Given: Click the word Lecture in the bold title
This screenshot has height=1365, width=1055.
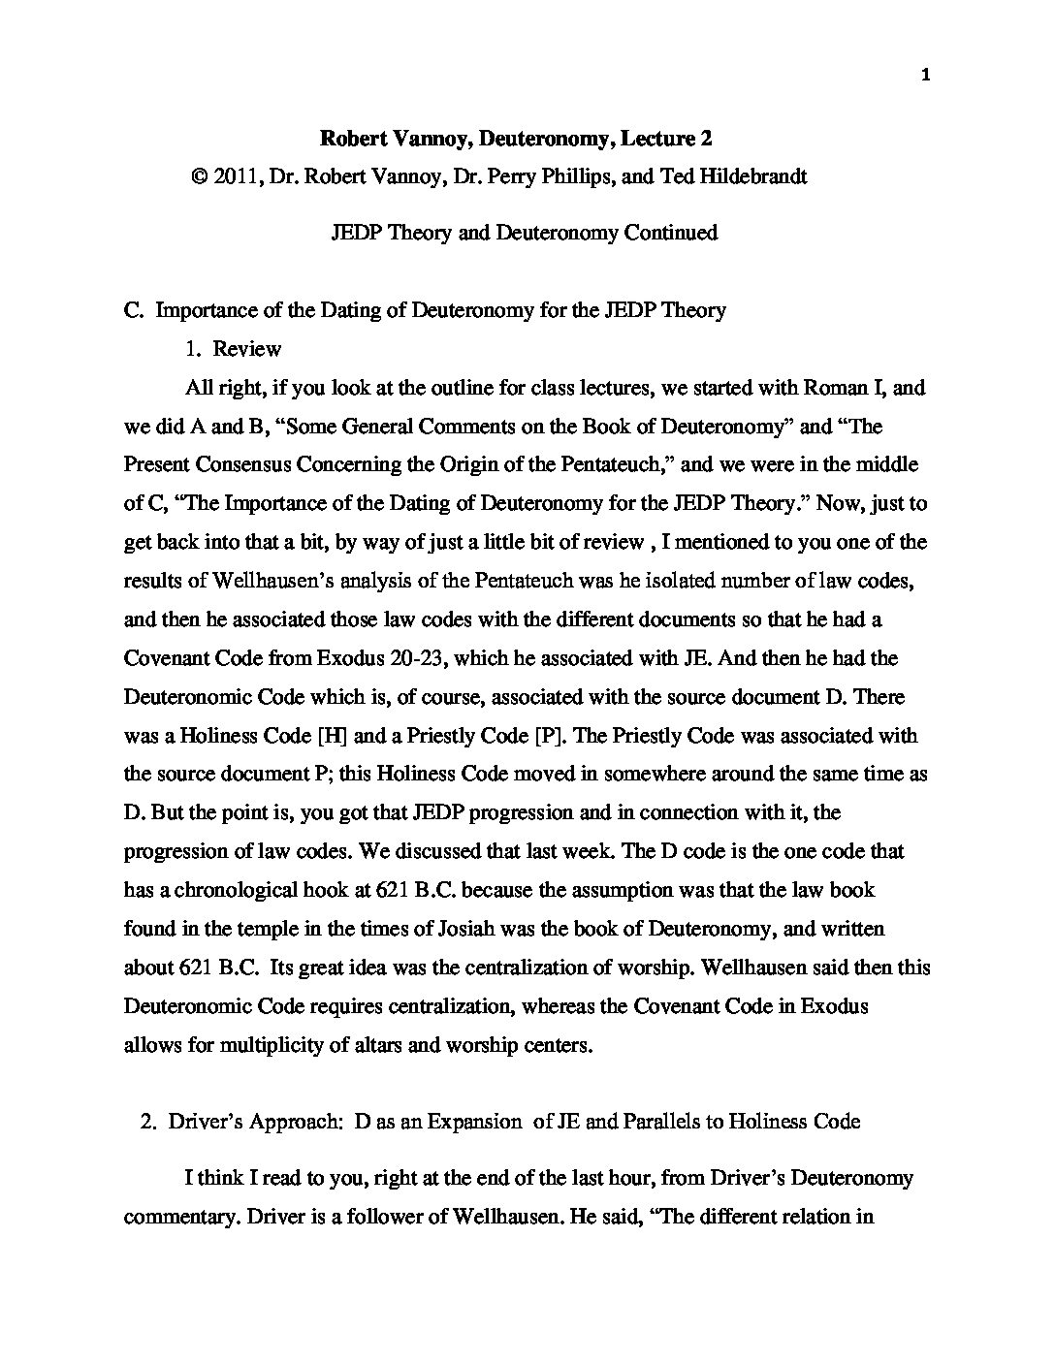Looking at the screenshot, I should click(x=656, y=139).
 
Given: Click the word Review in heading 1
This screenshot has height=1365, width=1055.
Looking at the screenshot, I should click(x=247, y=349).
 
